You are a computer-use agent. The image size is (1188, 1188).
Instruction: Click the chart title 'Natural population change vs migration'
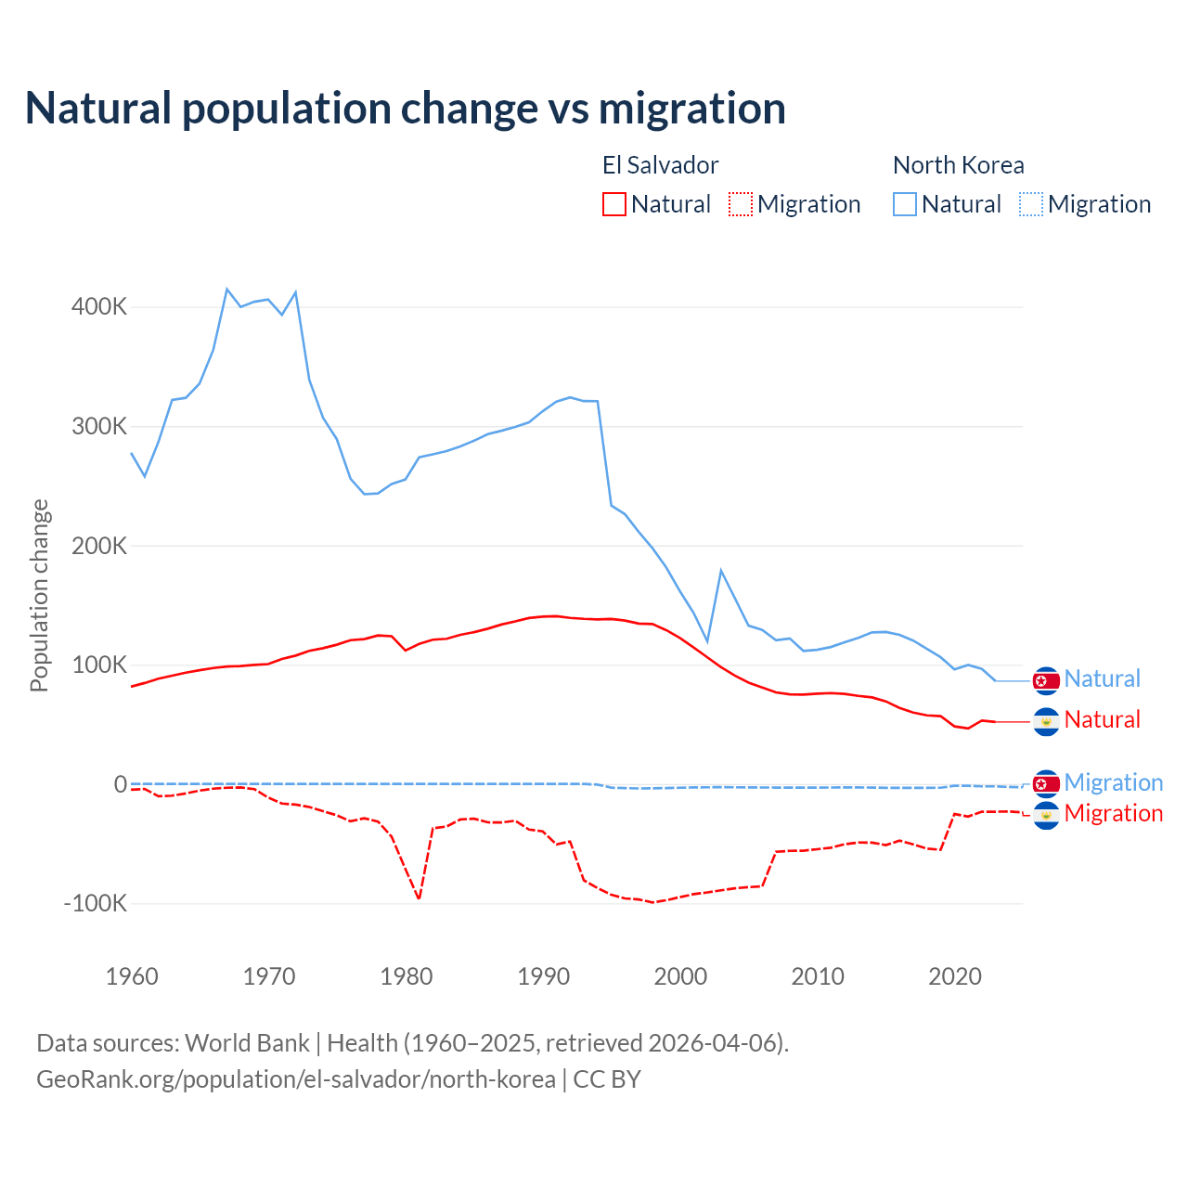[406, 109]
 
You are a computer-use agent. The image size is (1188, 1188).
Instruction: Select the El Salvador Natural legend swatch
[613, 204]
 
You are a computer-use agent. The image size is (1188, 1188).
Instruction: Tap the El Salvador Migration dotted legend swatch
[741, 204]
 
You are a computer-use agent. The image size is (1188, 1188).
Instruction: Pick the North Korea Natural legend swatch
[905, 204]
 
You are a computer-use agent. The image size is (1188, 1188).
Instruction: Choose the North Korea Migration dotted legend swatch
[1031, 204]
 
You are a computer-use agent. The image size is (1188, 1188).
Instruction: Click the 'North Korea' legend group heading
[958, 165]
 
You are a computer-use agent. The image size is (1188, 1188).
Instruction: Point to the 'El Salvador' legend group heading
[660, 165]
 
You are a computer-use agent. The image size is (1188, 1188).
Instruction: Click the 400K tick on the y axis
[98, 307]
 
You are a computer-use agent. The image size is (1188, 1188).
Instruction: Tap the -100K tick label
[95, 903]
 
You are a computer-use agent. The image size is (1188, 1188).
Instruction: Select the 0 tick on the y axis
[121, 784]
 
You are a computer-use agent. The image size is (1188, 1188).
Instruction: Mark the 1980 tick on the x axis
[407, 976]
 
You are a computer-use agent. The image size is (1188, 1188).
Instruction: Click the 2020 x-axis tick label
[955, 976]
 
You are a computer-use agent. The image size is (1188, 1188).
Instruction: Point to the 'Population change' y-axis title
[39, 595]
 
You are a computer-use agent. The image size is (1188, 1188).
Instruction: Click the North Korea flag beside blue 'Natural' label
[1046, 680]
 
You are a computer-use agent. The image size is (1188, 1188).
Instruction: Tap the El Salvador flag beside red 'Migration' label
[1046, 815]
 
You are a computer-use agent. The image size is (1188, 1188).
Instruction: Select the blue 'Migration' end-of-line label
[1113, 782]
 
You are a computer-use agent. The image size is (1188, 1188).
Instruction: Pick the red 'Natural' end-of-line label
[1102, 719]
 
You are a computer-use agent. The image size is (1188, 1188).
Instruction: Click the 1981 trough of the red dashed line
[419, 898]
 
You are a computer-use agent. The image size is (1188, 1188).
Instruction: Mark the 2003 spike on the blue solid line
[721, 570]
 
